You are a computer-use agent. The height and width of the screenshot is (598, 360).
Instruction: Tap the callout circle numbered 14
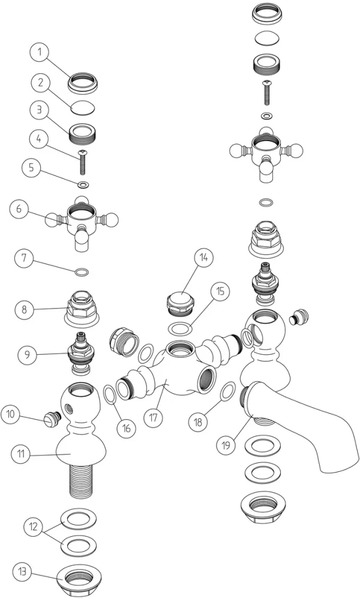coord(203,258)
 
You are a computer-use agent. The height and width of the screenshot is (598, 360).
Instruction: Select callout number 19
coord(226,445)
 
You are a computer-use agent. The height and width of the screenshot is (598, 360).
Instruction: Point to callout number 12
coord(33,527)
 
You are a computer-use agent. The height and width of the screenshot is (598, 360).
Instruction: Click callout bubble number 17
coord(153,418)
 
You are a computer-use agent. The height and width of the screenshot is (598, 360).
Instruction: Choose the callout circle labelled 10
coord(11,414)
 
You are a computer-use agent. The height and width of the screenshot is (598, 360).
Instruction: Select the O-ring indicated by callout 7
coord(83,273)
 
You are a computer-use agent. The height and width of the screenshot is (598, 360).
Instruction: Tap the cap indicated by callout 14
coord(181,303)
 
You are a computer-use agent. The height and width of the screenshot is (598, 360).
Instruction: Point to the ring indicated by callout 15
coord(179,328)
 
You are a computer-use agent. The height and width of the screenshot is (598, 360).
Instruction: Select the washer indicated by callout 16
coord(110,394)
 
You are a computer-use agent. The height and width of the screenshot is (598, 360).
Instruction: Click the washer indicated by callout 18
coord(228,391)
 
